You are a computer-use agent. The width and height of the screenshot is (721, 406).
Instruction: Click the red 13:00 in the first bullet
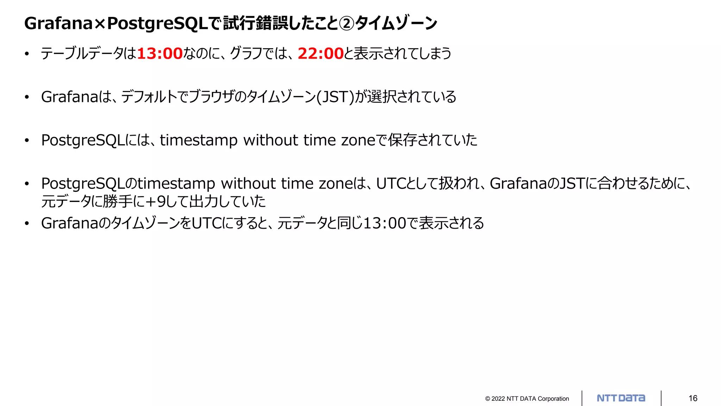pos(159,54)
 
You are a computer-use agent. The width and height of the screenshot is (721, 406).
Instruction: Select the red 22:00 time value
pos(320,54)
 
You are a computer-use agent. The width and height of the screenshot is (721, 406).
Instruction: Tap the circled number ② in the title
pos(347,24)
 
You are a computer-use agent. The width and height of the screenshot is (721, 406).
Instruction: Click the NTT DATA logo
pos(621,398)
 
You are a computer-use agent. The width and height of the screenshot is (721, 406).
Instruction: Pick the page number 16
pos(693,398)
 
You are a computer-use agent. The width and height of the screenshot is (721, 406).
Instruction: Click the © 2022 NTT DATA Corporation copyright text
pos(527,399)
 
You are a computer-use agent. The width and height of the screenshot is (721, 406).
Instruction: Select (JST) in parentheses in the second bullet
pos(335,97)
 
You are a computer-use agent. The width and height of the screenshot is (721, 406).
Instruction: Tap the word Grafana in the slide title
pos(58,24)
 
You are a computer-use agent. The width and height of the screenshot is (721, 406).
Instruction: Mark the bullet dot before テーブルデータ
pos(27,54)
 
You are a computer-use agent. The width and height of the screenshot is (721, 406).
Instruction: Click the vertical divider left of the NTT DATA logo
pos(582,398)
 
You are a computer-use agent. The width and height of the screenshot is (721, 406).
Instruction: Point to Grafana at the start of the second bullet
pos(70,97)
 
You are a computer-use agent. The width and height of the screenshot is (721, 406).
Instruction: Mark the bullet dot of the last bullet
pos(27,223)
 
